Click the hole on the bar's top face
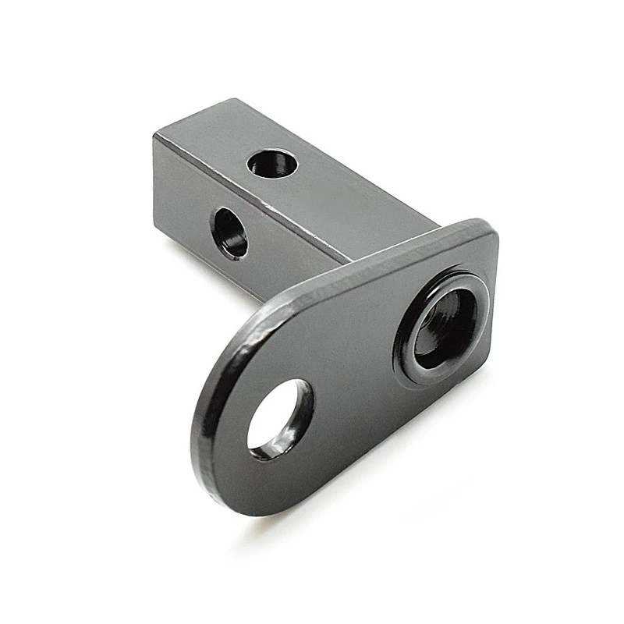point(272,164)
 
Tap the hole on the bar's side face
point(230,232)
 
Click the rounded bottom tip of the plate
point(234,499)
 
